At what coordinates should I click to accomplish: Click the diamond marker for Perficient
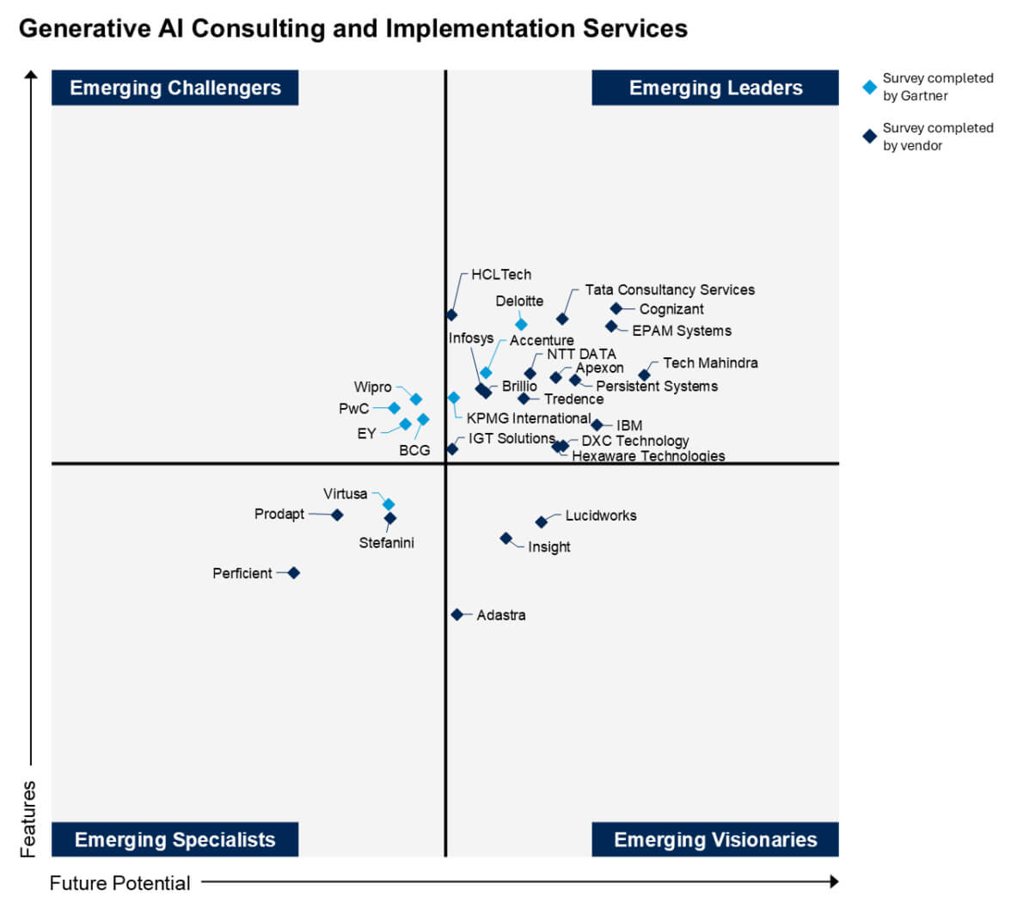click(x=294, y=573)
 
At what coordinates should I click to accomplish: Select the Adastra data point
click(x=457, y=614)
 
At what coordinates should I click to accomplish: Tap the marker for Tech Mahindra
click(x=644, y=375)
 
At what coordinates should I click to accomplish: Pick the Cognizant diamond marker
click(x=616, y=308)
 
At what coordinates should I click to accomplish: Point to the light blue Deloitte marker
click(x=521, y=324)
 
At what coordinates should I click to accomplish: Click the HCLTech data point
click(x=452, y=314)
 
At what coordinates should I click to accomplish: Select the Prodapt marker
click(x=337, y=515)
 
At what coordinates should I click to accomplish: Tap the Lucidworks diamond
click(x=542, y=521)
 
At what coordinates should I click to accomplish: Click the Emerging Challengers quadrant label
click(x=175, y=88)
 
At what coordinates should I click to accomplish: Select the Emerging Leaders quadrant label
click(x=715, y=88)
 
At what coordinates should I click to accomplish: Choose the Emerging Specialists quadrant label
click(x=175, y=839)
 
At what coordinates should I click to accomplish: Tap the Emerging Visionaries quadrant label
click(x=715, y=839)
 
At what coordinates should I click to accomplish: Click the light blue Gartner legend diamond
click(x=870, y=87)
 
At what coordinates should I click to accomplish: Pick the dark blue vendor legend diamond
click(x=870, y=137)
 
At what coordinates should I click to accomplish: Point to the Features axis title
click(x=28, y=819)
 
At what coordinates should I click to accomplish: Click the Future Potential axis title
click(x=120, y=882)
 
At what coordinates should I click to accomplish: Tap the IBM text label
click(x=629, y=425)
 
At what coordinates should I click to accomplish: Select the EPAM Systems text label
click(x=682, y=331)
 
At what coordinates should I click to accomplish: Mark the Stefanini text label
click(x=386, y=543)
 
